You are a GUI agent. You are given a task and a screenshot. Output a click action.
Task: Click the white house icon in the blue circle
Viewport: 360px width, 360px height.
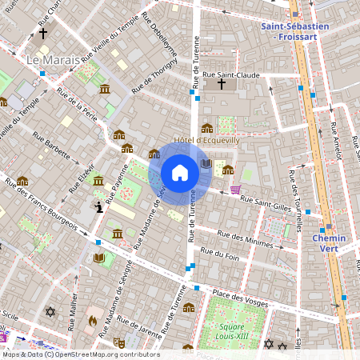[180, 172]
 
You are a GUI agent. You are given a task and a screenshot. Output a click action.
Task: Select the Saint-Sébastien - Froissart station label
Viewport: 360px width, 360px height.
[294, 31]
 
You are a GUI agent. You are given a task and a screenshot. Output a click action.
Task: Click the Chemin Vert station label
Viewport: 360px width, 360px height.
[329, 243]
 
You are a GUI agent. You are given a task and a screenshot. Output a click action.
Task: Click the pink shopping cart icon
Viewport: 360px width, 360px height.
[234, 190]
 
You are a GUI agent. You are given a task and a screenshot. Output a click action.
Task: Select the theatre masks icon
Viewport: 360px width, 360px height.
[98, 207]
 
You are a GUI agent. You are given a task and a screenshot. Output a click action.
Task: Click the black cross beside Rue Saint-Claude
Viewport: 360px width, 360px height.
[222, 83]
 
